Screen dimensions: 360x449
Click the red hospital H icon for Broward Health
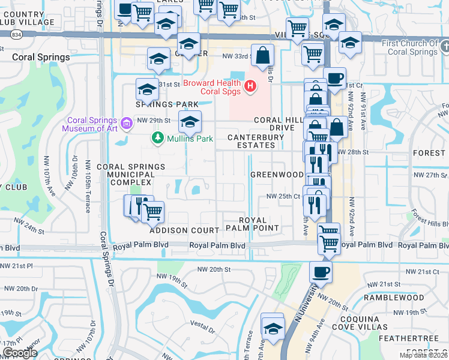point(250,88)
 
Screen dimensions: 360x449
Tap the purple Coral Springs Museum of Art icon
point(127,124)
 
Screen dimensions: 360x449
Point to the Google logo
point(19,353)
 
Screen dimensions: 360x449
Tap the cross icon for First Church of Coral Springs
point(444,46)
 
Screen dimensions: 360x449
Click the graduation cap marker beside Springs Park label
point(146,89)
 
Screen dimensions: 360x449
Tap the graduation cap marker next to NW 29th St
point(190,122)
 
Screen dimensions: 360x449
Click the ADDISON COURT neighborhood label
point(184,230)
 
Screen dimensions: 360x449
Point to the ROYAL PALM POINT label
point(252,224)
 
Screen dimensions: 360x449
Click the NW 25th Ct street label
point(283,196)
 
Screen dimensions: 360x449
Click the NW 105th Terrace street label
point(88,187)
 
